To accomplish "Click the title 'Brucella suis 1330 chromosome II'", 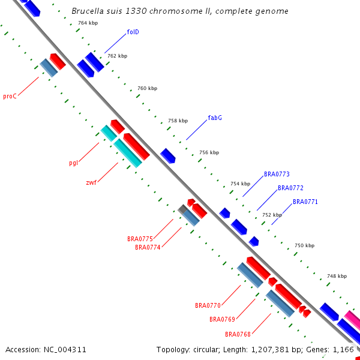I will coord(179,11).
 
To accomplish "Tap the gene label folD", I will coord(133,32).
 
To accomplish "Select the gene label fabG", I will coord(215,118).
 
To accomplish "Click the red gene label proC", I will coord(10,96).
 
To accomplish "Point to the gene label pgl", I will coord(74,163).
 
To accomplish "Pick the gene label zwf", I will coord(91,182).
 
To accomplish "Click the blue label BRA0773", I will coord(277,174).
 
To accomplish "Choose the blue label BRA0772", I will coord(290,188).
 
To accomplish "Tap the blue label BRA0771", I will coord(305,202).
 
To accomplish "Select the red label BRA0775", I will coord(140,239).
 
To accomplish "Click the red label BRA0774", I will coord(148,247).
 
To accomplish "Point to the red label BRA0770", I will coord(208,305).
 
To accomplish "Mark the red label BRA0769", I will coord(223,319).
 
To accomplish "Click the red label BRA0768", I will coord(238,334).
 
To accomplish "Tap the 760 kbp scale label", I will coord(147,88).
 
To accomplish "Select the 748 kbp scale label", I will coord(336,277).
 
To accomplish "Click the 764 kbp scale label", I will coord(88,23).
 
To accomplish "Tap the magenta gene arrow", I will coord(353,320).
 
